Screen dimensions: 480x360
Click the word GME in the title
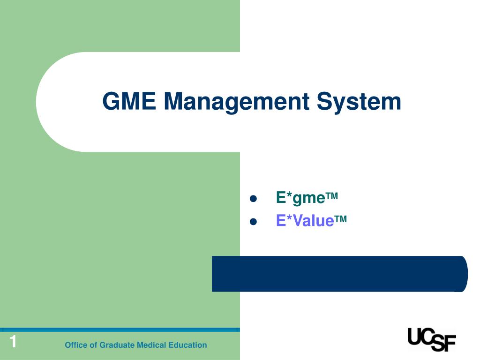129,101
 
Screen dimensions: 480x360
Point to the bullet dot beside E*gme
253,199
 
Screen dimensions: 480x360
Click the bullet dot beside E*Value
253,221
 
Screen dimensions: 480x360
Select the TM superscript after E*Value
341,218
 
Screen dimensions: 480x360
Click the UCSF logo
432,339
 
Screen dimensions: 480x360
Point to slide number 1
13,341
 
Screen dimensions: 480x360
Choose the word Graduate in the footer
117,345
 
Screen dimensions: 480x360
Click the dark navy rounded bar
340,274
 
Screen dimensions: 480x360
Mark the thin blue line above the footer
120,330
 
